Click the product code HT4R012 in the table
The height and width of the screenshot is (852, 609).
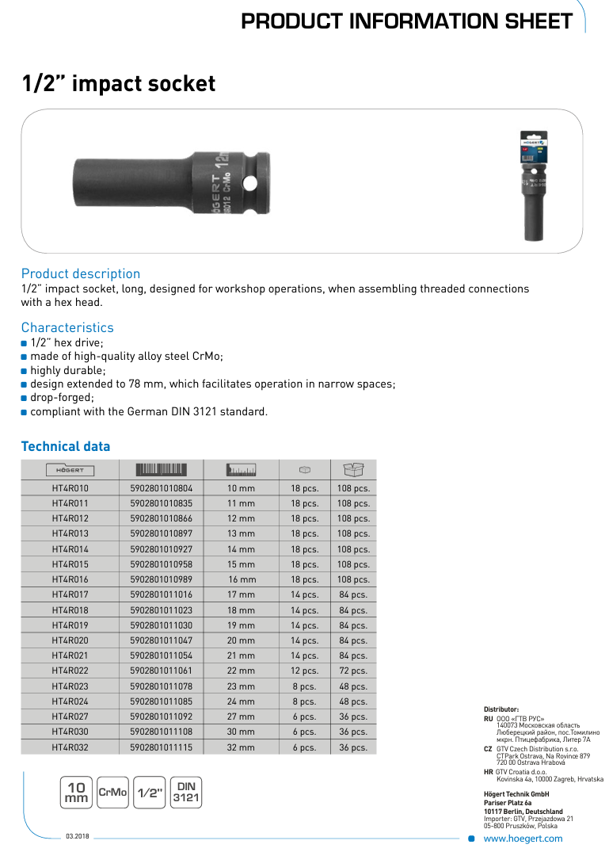pyautogui.click(x=70, y=518)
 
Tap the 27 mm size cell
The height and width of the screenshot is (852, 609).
pyautogui.click(x=242, y=716)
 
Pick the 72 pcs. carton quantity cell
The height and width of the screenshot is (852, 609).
pyautogui.click(x=353, y=671)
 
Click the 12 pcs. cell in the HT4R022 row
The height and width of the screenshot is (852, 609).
pyautogui.click(x=304, y=671)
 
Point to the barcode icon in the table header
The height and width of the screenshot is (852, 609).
pyautogui.click(x=161, y=469)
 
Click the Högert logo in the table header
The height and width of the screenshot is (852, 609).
pyautogui.click(x=70, y=470)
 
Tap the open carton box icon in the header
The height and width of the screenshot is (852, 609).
pyautogui.click(x=353, y=469)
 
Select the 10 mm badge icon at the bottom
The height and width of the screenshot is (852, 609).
pyautogui.click(x=77, y=793)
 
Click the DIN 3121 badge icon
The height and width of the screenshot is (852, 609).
pyautogui.click(x=186, y=793)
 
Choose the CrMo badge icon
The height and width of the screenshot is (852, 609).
pyautogui.click(x=112, y=793)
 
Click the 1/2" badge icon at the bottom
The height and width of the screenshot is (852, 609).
pyautogui.click(x=149, y=793)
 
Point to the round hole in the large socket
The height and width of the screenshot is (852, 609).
pyautogui.click(x=250, y=183)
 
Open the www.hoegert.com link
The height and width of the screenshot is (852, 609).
pyautogui.click(x=523, y=839)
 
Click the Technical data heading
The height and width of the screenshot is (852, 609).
pyautogui.click(x=66, y=446)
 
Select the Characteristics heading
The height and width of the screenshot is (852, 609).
pyautogui.click(x=67, y=327)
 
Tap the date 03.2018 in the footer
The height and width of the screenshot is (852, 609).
pyautogui.click(x=77, y=837)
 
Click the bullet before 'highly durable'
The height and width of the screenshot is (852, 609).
pyautogui.click(x=25, y=371)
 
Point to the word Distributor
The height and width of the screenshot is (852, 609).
pyautogui.click(x=501, y=709)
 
